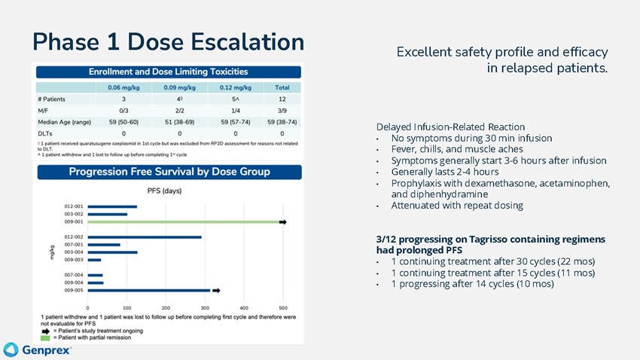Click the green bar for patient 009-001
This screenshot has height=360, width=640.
[184, 222]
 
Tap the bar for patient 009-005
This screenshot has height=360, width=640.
[149, 290]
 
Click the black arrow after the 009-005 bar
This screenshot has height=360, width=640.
[216, 290]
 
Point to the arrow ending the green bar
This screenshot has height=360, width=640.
[283, 222]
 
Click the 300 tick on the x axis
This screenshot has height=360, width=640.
[206, 307]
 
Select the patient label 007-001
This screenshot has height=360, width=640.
[74, 245]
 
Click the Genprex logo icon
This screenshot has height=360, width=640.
[11, 349]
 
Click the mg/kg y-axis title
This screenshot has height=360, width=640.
[53, 252]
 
